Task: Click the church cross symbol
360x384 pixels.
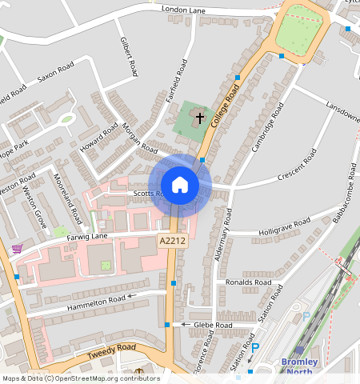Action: click(x=198, y=117)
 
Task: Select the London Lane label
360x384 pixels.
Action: click(x=183, y=10)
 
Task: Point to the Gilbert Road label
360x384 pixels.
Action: click(x=129, y=56)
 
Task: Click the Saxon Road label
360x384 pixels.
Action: click(x=55, y=73)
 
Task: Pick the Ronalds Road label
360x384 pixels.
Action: click(x=250, y=282)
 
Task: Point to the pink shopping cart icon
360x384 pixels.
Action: click(x=17, y=249)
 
